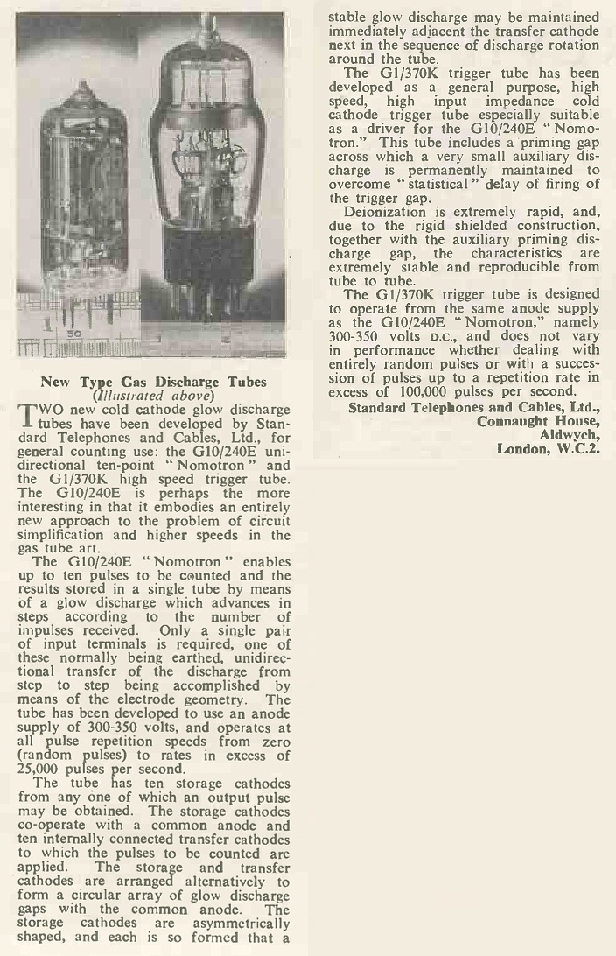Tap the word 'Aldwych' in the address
pyautogui.click(x=570, y=435)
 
